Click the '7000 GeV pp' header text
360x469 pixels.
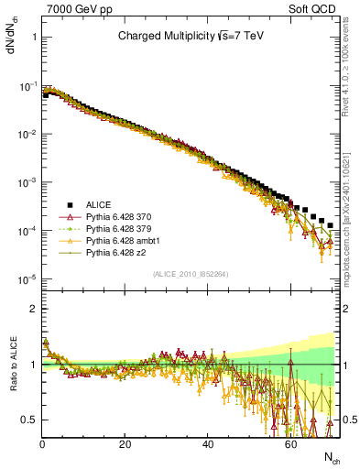point(72,8)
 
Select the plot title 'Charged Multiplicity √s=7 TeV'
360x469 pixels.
point(190,38)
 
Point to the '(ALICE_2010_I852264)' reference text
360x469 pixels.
point(190,274)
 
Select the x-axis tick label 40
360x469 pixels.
point(208,442)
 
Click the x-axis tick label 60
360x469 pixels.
point(290,442)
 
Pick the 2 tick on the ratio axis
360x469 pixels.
point(32,309)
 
